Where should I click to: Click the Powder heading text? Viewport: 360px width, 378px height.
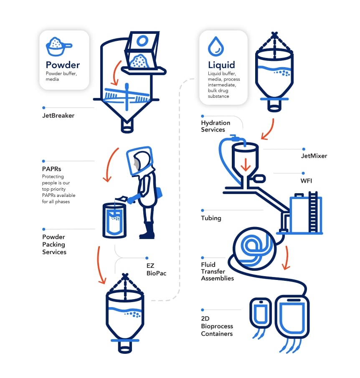tap(63, 65)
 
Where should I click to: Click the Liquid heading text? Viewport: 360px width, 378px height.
tap(221, 65)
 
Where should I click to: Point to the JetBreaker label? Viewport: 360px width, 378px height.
tap(58, 116)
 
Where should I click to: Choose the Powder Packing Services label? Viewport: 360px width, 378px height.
tap(54, 244)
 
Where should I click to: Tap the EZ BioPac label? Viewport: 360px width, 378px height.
tap(156, 270)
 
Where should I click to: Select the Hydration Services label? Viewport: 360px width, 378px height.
tap(215, 126)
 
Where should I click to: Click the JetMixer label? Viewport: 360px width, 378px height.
tap(314, 156)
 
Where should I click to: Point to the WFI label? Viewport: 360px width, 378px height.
tap(307, 180)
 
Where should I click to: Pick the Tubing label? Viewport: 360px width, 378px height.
tap(211, 218)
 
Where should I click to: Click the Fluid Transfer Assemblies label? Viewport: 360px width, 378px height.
tap(217, 271)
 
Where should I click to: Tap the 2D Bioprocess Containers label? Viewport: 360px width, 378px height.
tap(217, 326)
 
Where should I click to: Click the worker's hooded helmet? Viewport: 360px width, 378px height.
tap(141, 161)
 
